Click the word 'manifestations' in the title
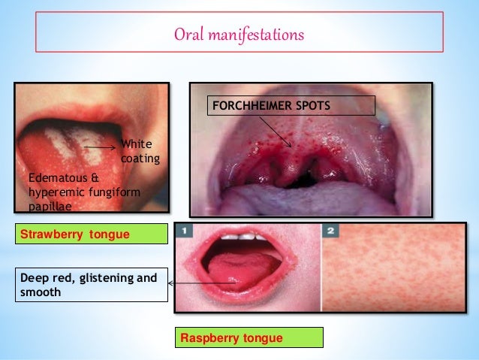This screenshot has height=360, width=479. pos(255,35)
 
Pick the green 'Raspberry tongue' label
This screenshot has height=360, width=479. pos(249,338)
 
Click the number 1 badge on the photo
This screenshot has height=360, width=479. pos(184,231)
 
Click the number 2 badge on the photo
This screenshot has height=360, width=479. pos(331,231)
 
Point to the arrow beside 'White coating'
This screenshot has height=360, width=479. pos(99,147)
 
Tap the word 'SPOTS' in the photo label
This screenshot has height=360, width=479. pos(312,105)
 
